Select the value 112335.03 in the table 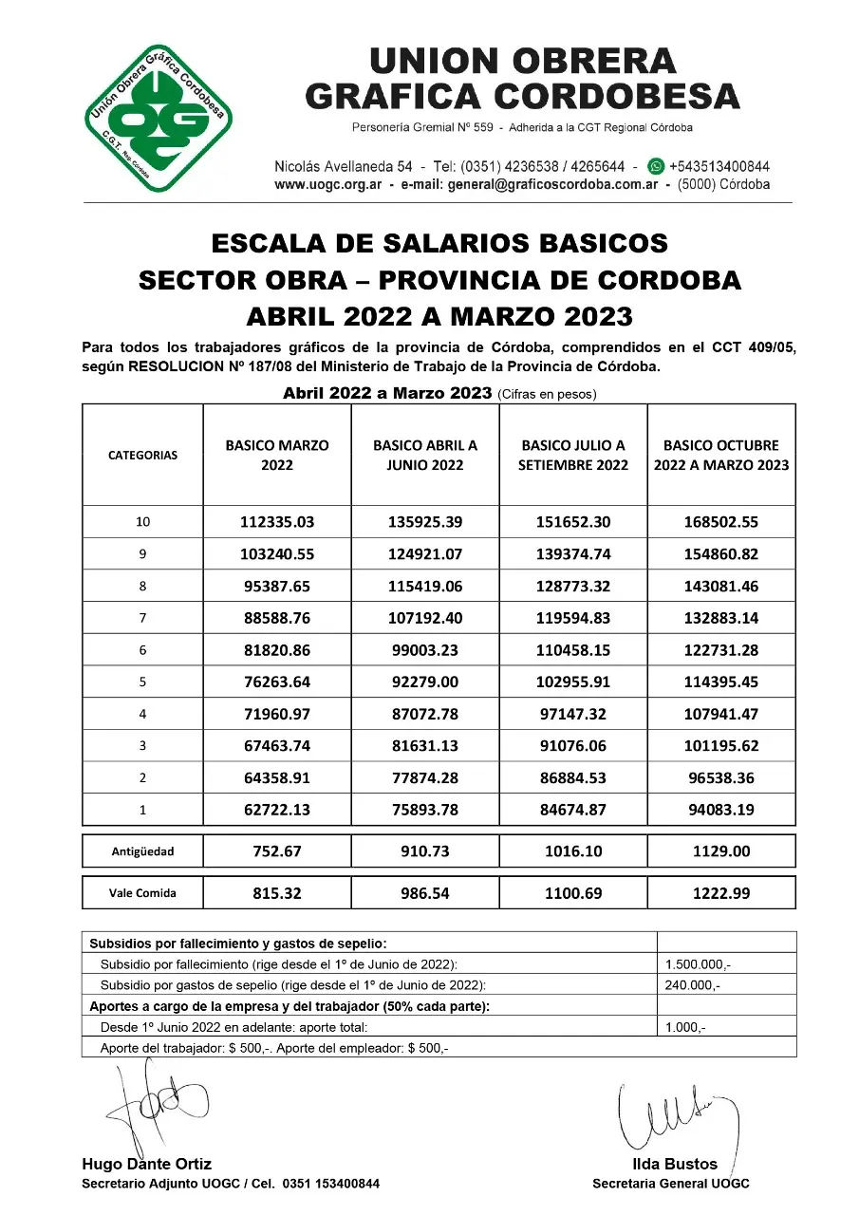277,522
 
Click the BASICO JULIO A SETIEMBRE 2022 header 573,455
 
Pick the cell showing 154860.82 721,554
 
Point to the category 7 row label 142,619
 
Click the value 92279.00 425,682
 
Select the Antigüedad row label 142,851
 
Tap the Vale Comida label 142,893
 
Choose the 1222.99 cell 721,893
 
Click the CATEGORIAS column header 142,455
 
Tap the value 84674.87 573,811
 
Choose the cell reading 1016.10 573,851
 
